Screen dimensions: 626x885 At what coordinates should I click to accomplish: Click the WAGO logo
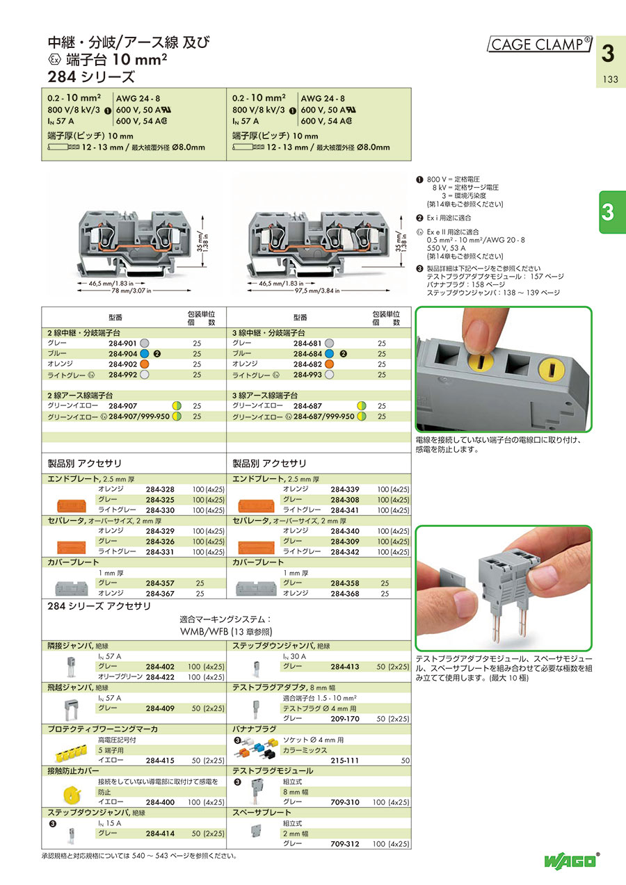click(570, 861)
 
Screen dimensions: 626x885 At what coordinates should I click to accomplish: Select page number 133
click(610, 79)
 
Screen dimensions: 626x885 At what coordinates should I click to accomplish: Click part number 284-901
click(122, 343)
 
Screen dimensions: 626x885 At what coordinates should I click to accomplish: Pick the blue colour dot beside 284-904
click(145, 354)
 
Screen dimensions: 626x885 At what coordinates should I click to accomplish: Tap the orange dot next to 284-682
click(329, 364)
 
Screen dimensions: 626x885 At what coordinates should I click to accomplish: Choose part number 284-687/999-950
click(323, 416)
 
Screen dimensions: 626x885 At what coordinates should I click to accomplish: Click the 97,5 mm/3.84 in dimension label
click(317, 291)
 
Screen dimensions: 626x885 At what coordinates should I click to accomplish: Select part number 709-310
click(345, 802)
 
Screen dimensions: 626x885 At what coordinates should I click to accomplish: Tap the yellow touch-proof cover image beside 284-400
click(72, 793)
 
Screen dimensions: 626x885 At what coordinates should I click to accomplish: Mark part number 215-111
click(344, 761)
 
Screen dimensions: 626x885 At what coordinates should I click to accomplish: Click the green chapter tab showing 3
click(612, 212)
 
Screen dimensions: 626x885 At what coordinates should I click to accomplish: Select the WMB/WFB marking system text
click(226, 631)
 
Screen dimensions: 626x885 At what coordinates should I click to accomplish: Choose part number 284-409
click(160, 708)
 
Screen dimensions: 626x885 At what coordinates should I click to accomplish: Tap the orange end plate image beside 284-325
click(72, 505)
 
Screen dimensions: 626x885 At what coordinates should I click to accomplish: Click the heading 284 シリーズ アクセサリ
click(99, 606)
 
